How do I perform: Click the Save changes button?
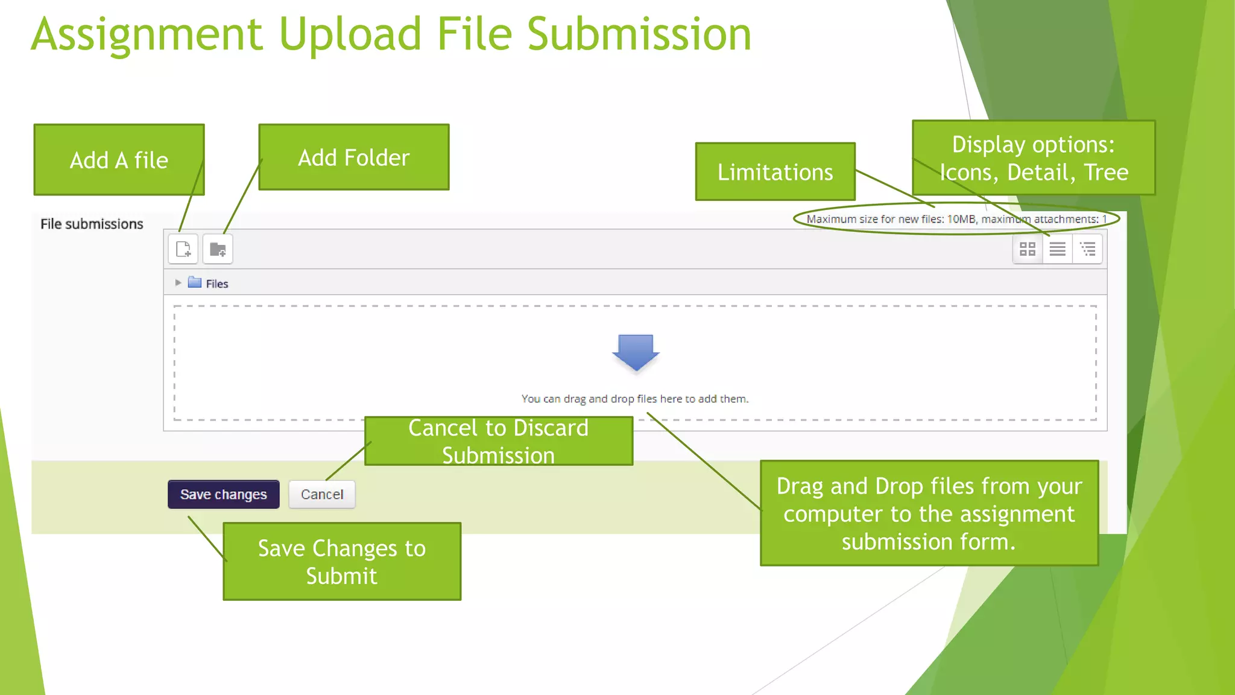click(223, 494)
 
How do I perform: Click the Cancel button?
click(321, 494)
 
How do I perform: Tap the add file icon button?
click(183, 249)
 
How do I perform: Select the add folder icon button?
click(218, 249)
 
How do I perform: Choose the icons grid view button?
click(1027, 249)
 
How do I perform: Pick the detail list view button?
click(1057, 249)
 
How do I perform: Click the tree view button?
click(1088, 249)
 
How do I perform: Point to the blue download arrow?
click(636, 352)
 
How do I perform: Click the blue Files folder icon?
click(194, 282)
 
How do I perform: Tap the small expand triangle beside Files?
click(178, 282)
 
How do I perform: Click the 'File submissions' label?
click(92, 224)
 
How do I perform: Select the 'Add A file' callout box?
click(119, 160)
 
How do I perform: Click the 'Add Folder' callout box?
click(353, 157)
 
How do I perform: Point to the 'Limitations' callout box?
click(775, 172)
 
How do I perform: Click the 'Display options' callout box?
click(1034, 158)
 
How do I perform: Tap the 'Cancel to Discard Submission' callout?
click(498, 441)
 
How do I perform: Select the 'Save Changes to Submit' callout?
click(341, 562)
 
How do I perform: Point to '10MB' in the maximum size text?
click(961, 219)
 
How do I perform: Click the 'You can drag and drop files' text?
click(634, 399)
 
